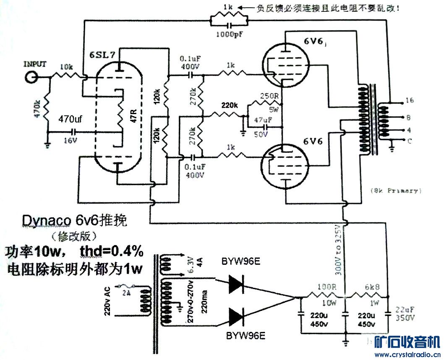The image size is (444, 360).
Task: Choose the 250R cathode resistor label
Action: (270, 96)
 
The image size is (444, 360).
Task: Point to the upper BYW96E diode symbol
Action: (237, 285)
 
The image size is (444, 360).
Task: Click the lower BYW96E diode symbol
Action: (237, 316)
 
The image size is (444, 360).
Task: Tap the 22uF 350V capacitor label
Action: (404, 314)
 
